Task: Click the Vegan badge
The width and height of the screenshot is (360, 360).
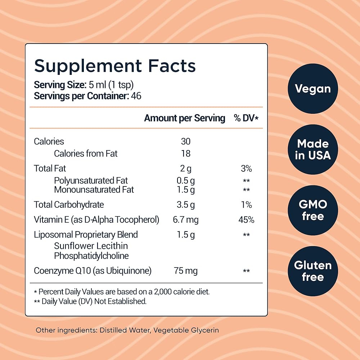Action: (x=312, y=89)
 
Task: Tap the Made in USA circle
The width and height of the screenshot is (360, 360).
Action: (x=312, y=149)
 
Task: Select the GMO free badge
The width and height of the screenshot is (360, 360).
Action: (x=312, y=210)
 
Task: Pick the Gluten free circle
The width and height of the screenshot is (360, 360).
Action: (x=312, y=271)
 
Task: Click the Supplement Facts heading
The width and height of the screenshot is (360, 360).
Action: (x=114, y=66)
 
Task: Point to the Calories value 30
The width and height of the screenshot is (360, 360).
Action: (x=186, y=141)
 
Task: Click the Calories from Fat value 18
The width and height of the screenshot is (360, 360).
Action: (x=186, y=154)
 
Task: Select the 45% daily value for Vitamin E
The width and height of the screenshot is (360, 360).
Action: (x=246, y=220)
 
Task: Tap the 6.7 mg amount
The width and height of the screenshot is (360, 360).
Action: (x=186, y=220)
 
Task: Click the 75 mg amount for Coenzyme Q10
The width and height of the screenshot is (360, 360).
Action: (x=186, y=271)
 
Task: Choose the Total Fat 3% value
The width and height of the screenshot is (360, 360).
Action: (x=246, y=168)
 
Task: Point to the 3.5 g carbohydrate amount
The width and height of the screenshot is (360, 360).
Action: (x=186, y=205)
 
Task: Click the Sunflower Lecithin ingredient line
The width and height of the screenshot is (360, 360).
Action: (x=91, y=246)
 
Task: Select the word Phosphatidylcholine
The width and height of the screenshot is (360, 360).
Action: (x=91, y=256)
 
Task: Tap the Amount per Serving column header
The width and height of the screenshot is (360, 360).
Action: (x=184, y=118)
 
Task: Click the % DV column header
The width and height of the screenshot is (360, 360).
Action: (x=246, y=118)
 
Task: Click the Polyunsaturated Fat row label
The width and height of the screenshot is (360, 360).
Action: (x=91, y=180)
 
